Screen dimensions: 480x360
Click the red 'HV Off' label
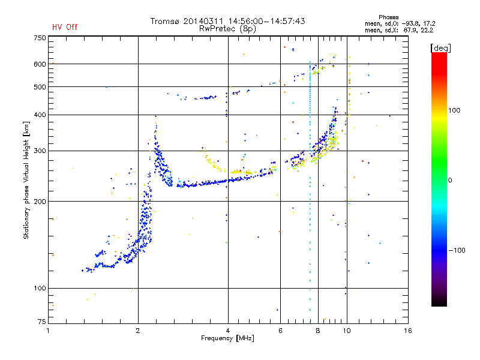coord(65,27)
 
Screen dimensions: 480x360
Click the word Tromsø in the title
coord(165,21)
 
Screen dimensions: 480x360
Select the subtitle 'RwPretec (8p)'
coord(227,29)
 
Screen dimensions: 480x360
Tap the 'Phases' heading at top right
coord(388,17)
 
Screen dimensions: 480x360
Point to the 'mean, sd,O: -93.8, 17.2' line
coord(400,23)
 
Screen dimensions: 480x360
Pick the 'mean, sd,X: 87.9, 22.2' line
coord(399,30)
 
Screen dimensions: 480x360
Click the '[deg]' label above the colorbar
coord(440,49)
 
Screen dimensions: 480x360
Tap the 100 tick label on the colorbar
coord(454,110)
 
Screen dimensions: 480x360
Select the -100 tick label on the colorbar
coord(457,250)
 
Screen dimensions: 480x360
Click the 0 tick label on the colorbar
coord(450,181)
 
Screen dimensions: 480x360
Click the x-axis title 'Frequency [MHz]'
coord(227,338)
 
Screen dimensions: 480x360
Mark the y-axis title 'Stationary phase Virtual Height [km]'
coord(26,181)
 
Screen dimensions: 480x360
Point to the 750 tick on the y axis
coord(40,38)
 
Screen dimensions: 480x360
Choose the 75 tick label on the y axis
coord(42,322)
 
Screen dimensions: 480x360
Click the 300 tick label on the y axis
coord(40,151)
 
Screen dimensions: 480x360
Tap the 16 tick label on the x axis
coord(408,331)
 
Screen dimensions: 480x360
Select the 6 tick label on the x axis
coord(280,331)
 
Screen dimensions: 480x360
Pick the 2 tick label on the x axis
coord(138,331)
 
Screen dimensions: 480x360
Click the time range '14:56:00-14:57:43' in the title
coord(266,21)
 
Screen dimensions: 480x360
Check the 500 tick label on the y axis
coord(40,87)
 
